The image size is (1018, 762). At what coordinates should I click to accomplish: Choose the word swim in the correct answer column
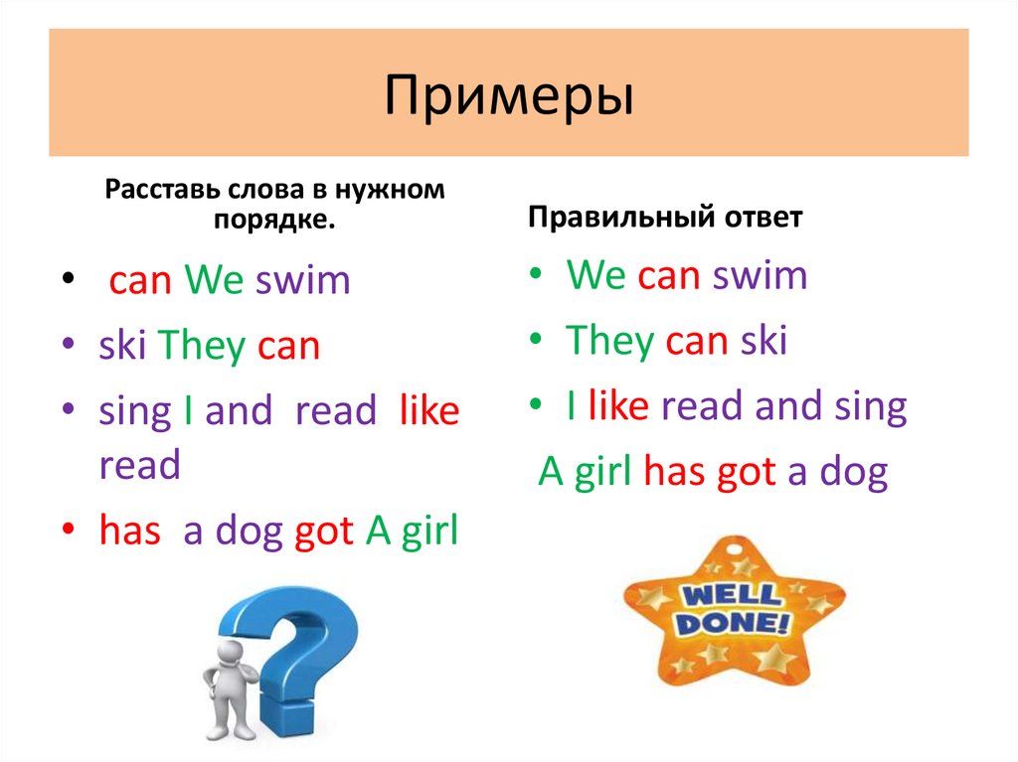[760, 275]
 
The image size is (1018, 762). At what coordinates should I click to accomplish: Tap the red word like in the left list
[428, 411]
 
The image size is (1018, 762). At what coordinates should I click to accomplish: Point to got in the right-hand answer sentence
[745, 472]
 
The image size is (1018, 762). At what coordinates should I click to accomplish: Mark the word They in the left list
[202, 346]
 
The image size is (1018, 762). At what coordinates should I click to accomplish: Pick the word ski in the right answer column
[763, 341]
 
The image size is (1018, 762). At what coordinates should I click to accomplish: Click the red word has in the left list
[129, 533]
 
